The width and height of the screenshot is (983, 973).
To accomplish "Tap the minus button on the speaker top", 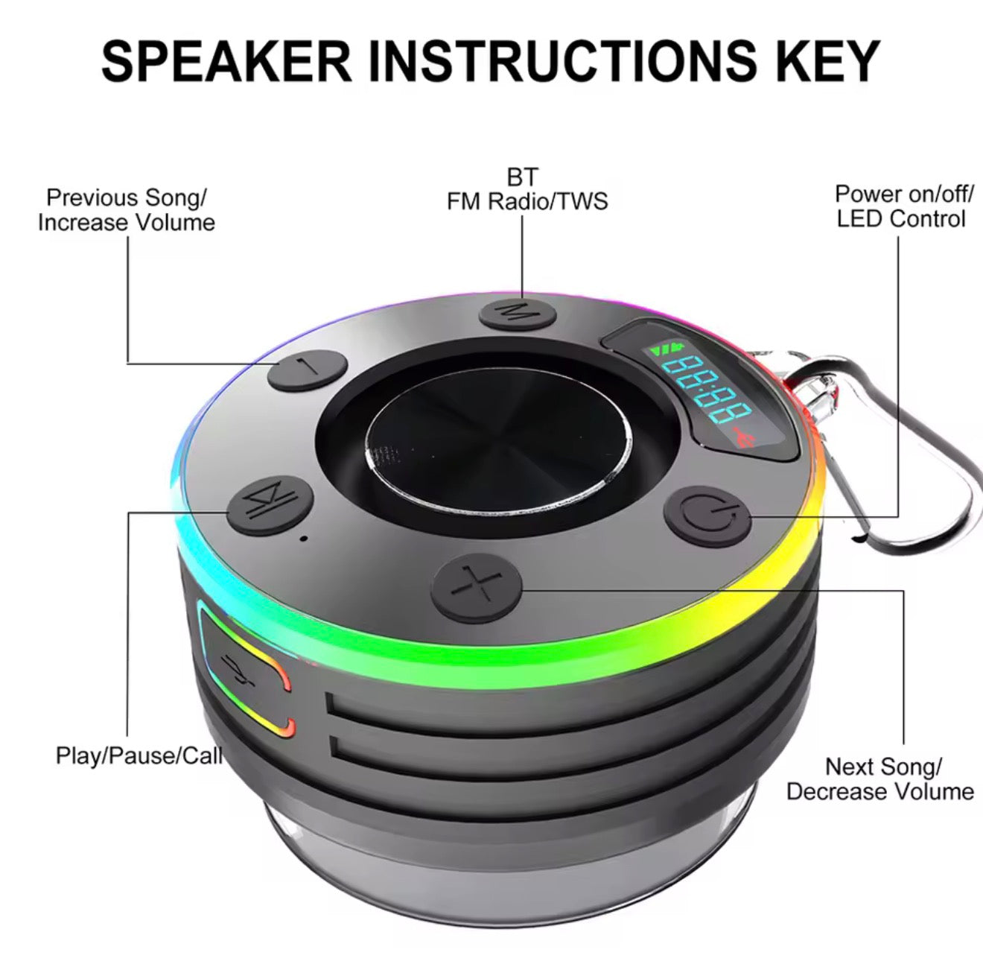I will click(x=308, y=368).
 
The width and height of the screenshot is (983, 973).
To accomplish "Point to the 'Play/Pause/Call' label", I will click(x=139, y=755).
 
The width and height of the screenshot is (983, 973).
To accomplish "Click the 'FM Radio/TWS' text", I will click(x=527, y=201).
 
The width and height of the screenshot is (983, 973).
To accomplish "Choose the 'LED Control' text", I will click(x=901, y=219).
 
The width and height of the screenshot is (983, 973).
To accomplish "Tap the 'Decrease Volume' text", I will click(x=879, y=791).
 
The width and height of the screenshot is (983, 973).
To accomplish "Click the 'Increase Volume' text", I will click(x=127, y=223).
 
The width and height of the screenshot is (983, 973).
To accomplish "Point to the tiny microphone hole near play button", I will click(x=304, y=538).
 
